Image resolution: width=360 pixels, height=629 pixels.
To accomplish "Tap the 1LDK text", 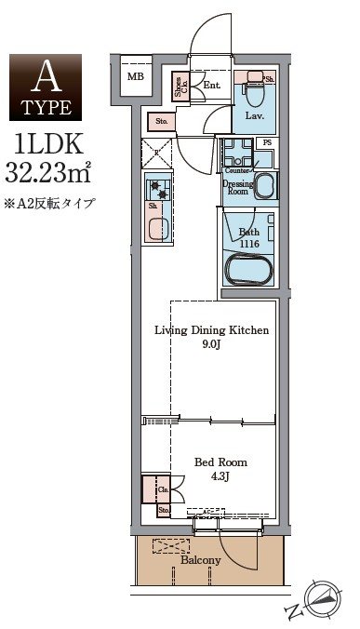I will tap(46, 144).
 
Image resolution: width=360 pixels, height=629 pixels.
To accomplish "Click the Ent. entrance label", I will tap(210, 86).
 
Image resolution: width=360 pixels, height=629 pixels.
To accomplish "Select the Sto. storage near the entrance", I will tap(161, 120).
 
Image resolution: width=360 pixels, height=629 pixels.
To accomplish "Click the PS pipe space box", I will tap(267, 142).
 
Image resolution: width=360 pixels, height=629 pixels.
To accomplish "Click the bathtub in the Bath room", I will tap(248, 269).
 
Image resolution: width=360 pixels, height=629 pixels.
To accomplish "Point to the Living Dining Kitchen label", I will tap(211, 330).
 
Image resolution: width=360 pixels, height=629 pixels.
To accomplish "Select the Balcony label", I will tap(200, 559).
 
